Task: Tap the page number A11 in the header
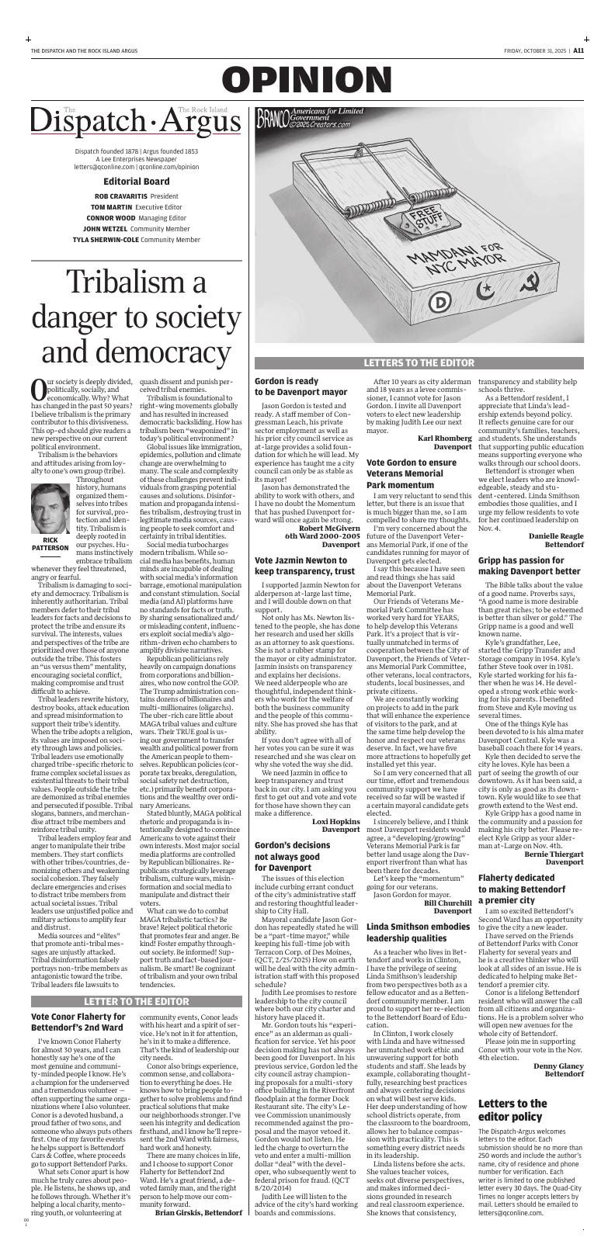[x=579, y=50]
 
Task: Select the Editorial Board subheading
[x=136, y=181]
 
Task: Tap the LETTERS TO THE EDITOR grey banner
[x=419, y=362]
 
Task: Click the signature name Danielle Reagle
[x=555, y=536]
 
